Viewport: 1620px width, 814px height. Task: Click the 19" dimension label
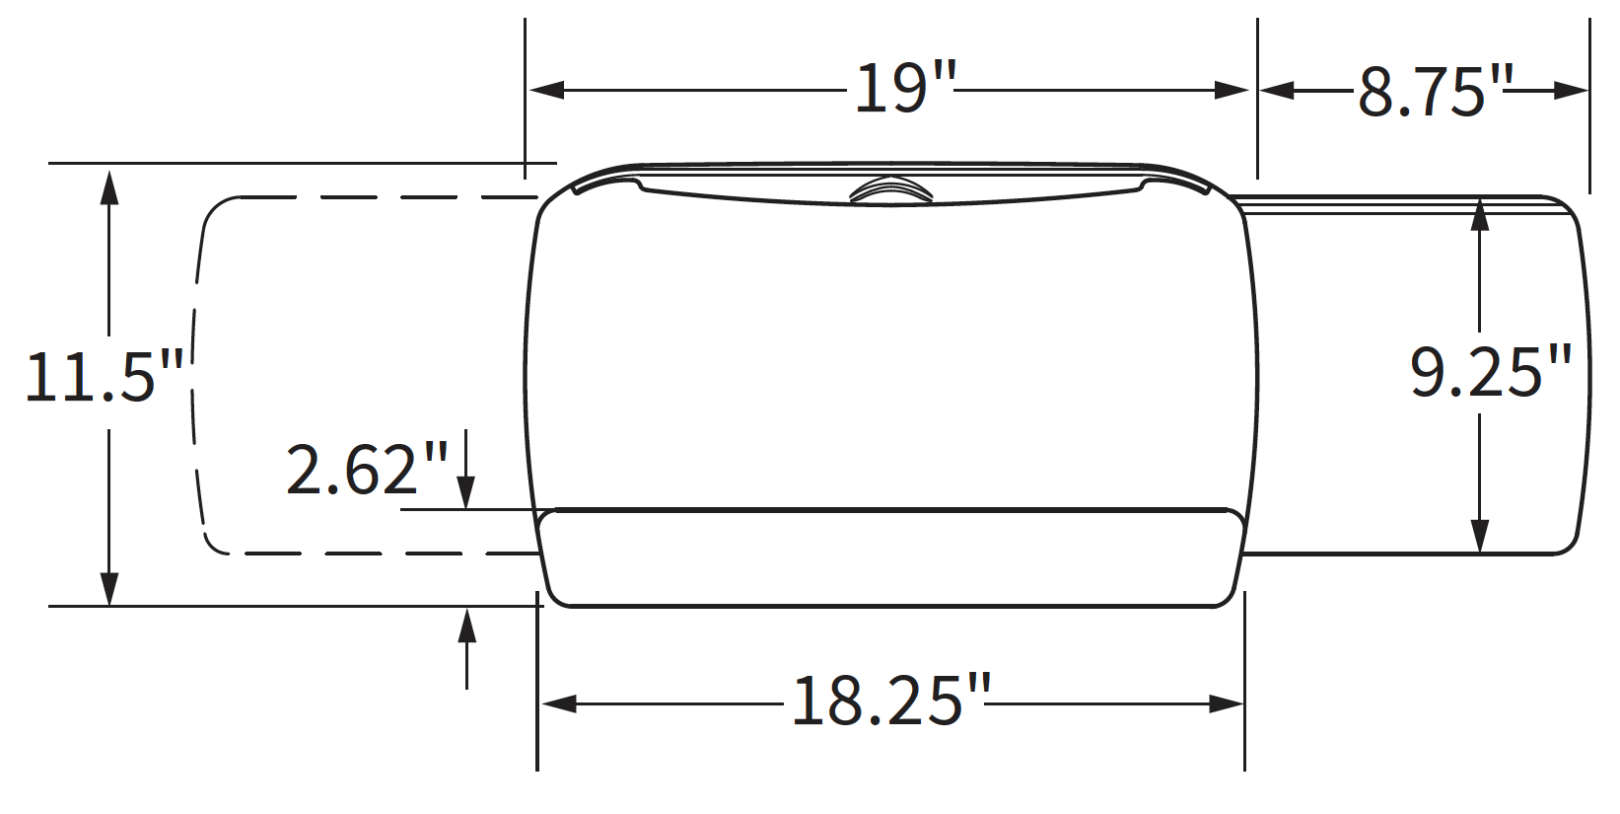coord(905,89)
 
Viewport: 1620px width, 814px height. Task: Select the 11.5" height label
coord(105,377)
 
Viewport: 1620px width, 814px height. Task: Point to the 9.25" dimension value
coord(1490,372)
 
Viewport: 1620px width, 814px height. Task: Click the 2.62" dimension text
coord(367,470)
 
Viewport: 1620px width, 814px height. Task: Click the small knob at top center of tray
coord(890,190)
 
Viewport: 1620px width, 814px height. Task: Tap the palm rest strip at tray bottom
coord(890,557)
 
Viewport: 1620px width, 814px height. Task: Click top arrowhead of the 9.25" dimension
coord(1479,215)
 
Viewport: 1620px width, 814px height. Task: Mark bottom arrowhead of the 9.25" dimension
coord(1479,536)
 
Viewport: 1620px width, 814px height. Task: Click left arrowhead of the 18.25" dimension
coord(559,703)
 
